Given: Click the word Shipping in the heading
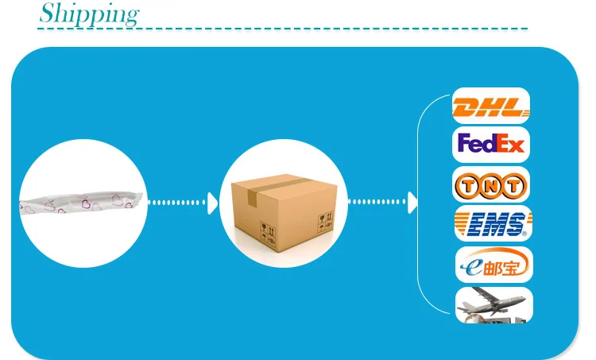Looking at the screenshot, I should [x=89, y=14].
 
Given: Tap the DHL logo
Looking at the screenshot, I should [x=490, y=106].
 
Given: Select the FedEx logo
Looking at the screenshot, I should [x=490, y=145].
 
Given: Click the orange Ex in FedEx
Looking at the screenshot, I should [x=510, y=145].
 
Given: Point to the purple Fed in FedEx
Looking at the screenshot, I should [x=477, y=145].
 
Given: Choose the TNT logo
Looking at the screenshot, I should [x=490, y=186].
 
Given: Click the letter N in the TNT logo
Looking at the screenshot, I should [x=491, y=187].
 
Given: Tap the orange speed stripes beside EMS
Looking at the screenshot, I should [x=463, y=223].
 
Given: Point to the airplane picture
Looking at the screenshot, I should [x=493, y=304].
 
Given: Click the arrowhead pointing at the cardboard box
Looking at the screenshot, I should [x=212, y=203].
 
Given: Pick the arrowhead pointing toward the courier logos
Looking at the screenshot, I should [x=412, y=203].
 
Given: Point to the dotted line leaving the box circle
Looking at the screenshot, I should [x=375, y=203].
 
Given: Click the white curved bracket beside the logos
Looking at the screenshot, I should [x=419, y=203].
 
